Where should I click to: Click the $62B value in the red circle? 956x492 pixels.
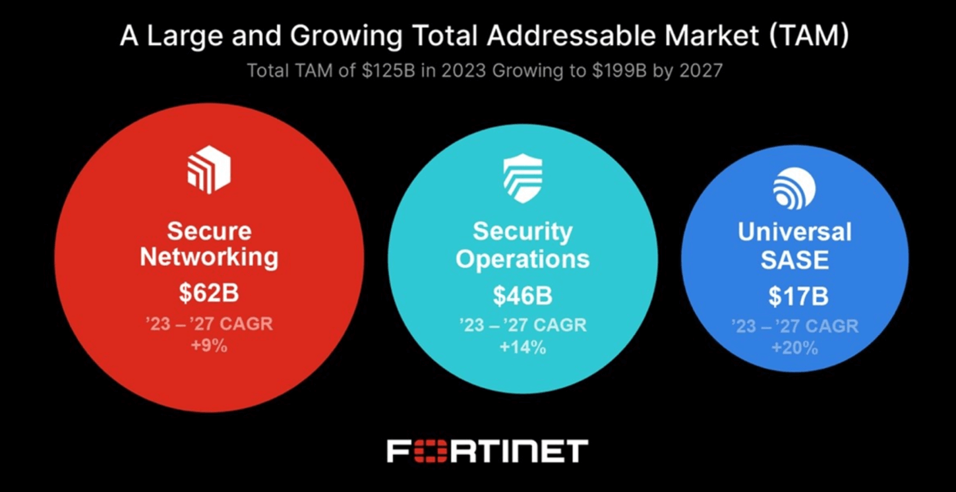209,293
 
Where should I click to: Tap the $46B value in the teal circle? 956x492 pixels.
522,296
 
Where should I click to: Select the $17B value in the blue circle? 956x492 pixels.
798,297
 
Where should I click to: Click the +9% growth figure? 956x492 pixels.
209,345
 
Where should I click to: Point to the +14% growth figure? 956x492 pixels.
522,347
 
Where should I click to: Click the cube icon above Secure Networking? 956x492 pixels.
209,169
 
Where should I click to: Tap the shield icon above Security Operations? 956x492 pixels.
522,179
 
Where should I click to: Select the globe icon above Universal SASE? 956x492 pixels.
794,188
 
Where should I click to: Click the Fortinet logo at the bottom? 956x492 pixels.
487,451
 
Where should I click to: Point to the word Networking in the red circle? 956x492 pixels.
209,257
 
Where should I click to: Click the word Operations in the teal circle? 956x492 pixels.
522,259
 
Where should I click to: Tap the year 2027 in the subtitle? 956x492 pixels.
700,70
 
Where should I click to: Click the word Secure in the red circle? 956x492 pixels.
209,231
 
